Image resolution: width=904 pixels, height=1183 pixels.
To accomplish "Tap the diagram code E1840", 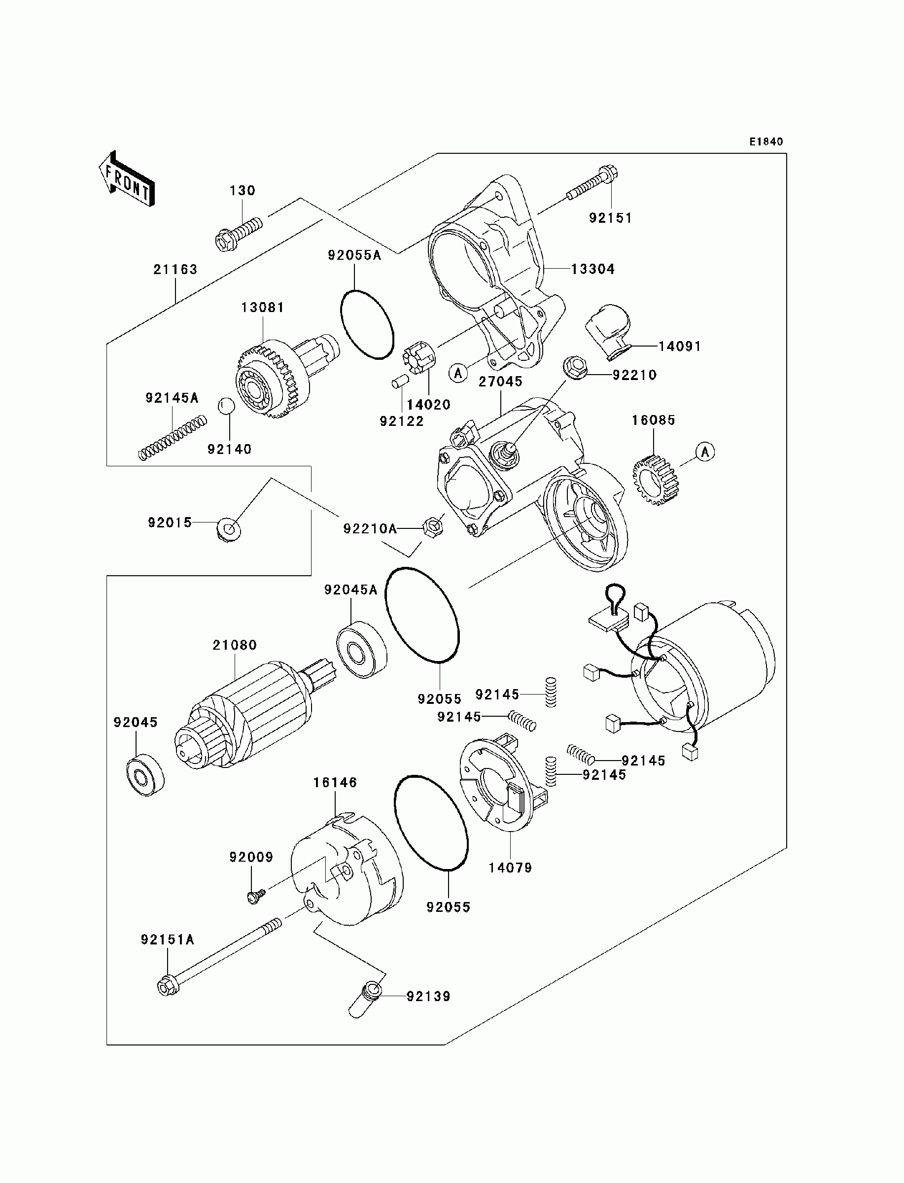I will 766,141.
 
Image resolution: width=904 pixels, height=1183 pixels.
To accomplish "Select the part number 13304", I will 592,269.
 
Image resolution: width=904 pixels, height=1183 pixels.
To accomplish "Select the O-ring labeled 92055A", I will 367,324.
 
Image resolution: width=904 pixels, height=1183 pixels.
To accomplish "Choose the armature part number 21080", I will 235,645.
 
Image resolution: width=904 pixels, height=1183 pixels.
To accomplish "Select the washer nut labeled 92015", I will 229,530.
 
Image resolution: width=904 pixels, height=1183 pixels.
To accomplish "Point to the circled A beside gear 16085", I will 705,452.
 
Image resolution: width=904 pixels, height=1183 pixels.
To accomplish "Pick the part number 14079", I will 510,868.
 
